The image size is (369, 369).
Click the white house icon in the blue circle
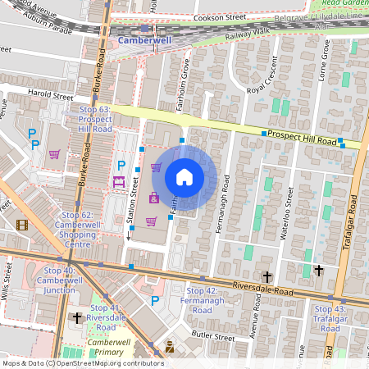[x=184, y=176]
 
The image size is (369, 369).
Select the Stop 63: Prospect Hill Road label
[x=95, y=119]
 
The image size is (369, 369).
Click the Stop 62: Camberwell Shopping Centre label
[x=78, y=229]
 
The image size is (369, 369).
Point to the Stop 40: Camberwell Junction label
[x=56, y=280]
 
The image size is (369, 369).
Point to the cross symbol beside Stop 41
[x=77, y=317]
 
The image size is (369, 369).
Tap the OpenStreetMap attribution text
[x=83, y=362]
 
